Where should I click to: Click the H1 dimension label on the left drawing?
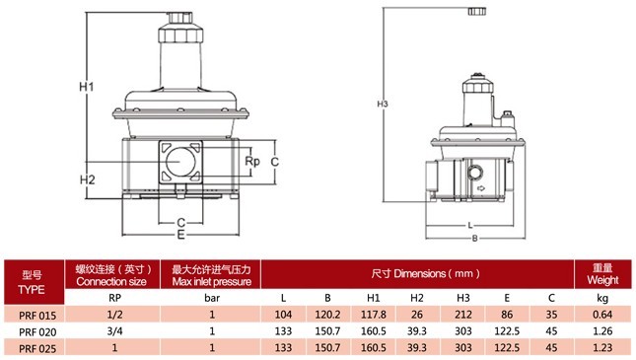[87, 87]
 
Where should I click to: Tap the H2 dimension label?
[87, 180]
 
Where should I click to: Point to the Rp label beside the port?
[251, 162]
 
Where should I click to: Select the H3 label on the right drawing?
[383, 104]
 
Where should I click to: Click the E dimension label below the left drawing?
[180, 235]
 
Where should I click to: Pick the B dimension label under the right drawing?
[474, 239]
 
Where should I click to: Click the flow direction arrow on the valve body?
[481, 188]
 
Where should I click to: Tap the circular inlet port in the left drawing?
[180, 162]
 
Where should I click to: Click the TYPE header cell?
[32, 290]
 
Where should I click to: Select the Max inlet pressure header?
[212, 282]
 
